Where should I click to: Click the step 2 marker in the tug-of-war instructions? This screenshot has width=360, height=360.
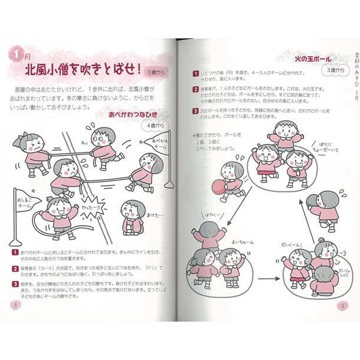14,268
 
